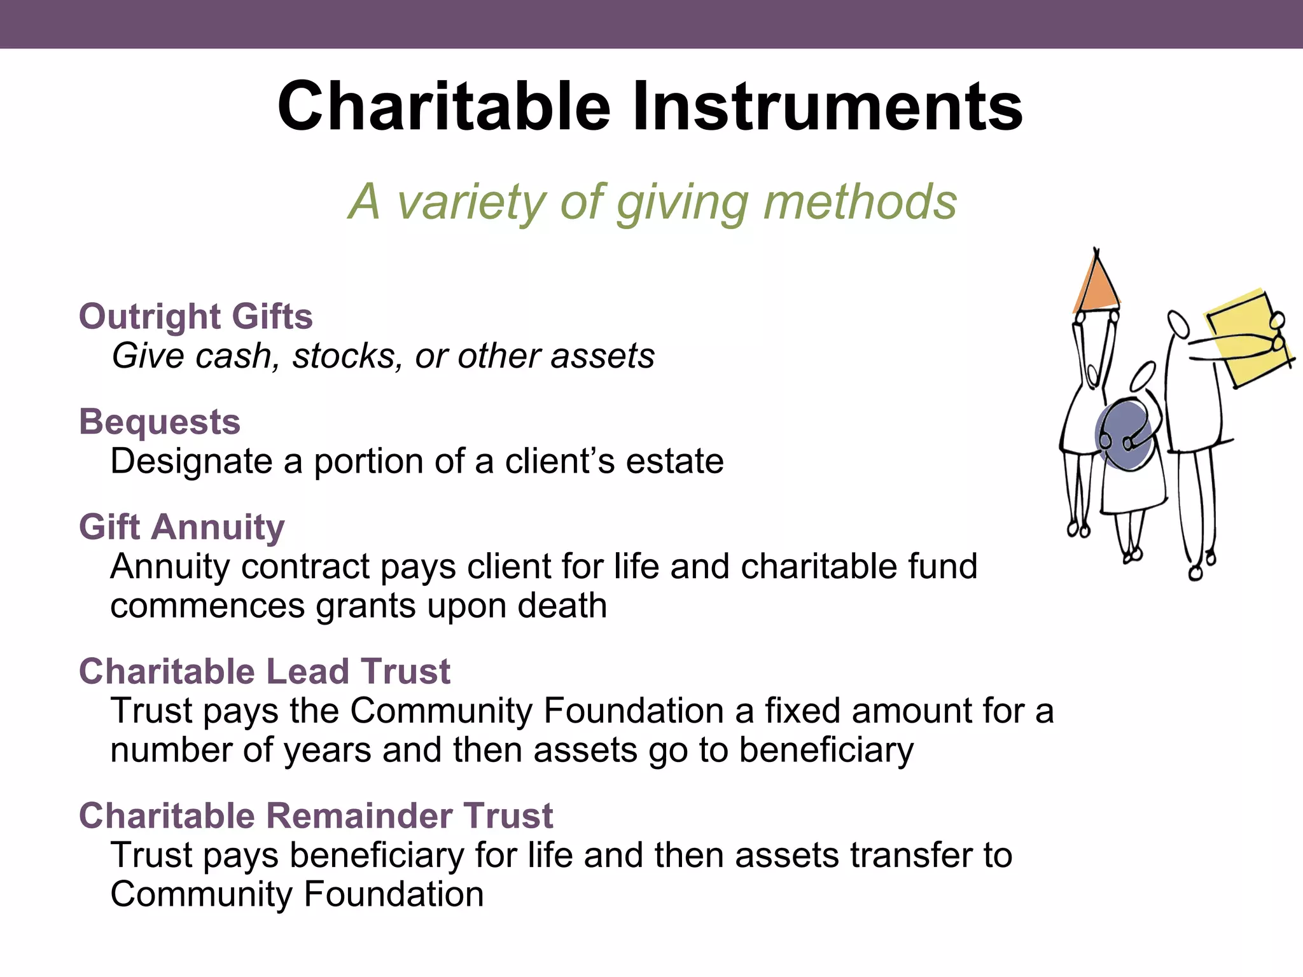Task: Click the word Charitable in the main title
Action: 443,106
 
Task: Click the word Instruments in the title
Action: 827,106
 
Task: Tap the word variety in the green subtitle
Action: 470,202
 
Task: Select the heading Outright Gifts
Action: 196,316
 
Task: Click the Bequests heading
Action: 160,422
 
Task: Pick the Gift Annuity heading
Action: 182,527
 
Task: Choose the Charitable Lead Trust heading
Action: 265,671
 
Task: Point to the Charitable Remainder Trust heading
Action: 316,815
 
